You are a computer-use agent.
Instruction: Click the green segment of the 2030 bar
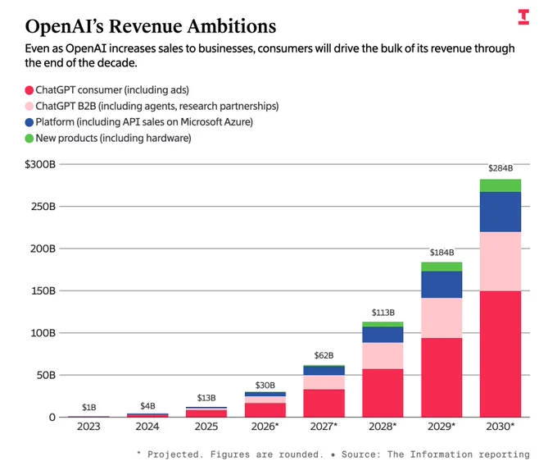click(500, 185)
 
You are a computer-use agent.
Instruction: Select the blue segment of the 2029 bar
click(442, 285)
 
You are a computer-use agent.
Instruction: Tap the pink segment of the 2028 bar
click(383, 356)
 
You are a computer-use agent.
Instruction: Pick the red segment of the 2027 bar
click(324, 403)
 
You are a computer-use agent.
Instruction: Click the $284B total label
click(500, 168)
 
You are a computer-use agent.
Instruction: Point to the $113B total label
click(383, 313)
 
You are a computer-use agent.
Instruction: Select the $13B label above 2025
click(206, 398)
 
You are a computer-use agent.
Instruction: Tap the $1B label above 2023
click(88, 407)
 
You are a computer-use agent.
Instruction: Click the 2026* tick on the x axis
click(265, 427)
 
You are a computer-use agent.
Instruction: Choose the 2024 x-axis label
click(147, 427)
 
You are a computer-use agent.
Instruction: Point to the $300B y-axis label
click(40, 164)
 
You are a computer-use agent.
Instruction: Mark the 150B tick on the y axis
click(43, 290)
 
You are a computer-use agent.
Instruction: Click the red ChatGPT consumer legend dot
click(29, 90)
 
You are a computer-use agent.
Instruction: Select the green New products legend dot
click(29, 139)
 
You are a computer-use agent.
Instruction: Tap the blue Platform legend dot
click(29, 122)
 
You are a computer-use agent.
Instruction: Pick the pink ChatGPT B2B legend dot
click(29, 107)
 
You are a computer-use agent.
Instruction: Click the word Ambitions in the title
click(232, 26)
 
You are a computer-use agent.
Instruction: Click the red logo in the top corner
click(523, 17)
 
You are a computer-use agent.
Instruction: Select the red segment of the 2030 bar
click(500, 354)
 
